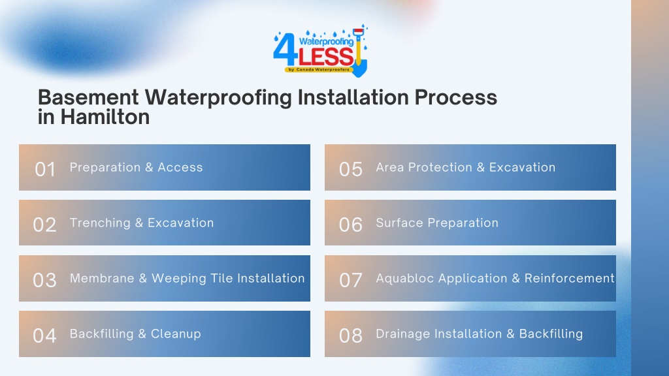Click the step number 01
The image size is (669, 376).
tap(45, 169)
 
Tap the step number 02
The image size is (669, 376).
tap(45, 225)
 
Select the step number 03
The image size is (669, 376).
tap(45, 280)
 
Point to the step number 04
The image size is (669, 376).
tap(45, 336)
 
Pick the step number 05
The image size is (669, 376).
tap(351, 169)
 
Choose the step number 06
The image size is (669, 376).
tap(351, 225)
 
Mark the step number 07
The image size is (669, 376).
tap(351, 280)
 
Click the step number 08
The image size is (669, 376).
tap(351, 336)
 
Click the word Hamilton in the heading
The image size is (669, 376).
tap(105, 117)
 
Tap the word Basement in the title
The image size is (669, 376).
tap(88, 97)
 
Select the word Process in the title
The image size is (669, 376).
tap(455, 97)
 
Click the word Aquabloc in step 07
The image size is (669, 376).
tap(405, 278)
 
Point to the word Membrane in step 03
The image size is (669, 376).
tap(102, 278)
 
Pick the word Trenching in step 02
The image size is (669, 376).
tap(100, 223)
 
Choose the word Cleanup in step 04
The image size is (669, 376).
tap(176, 334)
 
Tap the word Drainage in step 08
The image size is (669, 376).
tap(403, 334)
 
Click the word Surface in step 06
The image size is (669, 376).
tap(400, 223)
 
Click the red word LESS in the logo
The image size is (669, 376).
tap(327, 56)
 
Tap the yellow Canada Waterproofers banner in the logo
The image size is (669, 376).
tap(319, 69)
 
